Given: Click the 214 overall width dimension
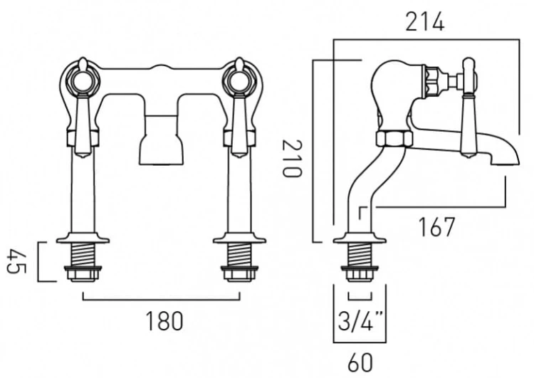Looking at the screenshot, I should [425, 22].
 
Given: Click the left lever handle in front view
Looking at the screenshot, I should [80, 114].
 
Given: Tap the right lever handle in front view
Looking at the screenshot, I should [237, 114].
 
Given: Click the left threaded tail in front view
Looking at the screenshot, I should [84, 255].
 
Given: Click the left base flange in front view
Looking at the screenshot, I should [84, 237].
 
